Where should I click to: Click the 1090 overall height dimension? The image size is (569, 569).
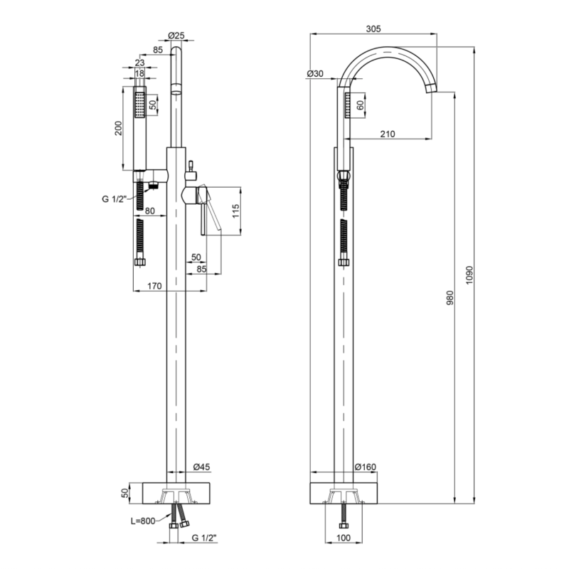pyautogui.click(x=469, y=275)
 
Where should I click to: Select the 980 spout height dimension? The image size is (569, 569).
pyautogui.click(x=450, y=297)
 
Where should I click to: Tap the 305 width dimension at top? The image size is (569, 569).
pyautogui.click(x=373, y=28)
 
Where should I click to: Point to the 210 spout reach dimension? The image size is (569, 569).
pyautogui.click(x=388, y=134)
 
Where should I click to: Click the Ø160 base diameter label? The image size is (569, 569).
pyautogui.click(x=366, y=467)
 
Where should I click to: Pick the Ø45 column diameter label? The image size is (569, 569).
pyautogui.click(x=201, y=467)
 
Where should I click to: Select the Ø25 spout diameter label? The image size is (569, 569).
pyautogui.click(x=176, y=35)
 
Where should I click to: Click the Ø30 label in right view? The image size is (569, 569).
pyautogui.click(x=314, y=74)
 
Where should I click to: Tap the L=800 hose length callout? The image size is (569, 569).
pyautogui.click(x=143, y=521)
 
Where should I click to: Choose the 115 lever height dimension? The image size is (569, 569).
pyautogui.click(x=236, y=211)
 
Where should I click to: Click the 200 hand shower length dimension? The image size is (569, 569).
pyautogui.click(x=119, y=128)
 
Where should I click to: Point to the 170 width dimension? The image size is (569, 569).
pyautogui.click(x=154, y=286)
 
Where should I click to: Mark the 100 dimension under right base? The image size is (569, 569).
pyautogui.click(x=344, y=538)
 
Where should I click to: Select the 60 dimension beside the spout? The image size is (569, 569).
pyautogui.click(x=361, y=105)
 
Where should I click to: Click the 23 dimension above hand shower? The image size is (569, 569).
pyautogui.click(x=139, y=63)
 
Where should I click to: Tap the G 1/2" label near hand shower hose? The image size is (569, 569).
pyautogui.click(x=114, y=199)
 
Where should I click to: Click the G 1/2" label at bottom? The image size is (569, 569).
pyautogui.click(x=204, y=538)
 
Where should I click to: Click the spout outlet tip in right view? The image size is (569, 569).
pyautogui.click(x=432, y=90)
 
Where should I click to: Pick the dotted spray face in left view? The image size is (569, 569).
pyautogui.click(x=139, y=105)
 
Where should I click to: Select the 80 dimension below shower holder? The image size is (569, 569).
pyautogui.click(x=150, y=211)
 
